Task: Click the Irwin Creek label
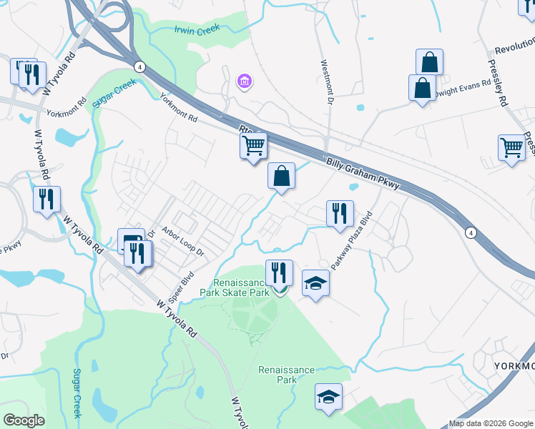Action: pos(197,29)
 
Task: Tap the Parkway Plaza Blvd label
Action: pos(351,240)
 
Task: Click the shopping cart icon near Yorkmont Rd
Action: pos(253,146)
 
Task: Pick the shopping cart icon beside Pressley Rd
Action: pos(511,147)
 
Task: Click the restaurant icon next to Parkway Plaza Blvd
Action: pos(339,212)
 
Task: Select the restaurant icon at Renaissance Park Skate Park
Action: pos(278,272)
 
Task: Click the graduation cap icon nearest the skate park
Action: pos(315,283)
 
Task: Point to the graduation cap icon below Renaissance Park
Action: pos(328,397)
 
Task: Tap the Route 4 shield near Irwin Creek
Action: pos(139,66)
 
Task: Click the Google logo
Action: pos(24,420)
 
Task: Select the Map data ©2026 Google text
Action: pos(491,423)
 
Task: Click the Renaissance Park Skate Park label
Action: pos(242,287)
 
